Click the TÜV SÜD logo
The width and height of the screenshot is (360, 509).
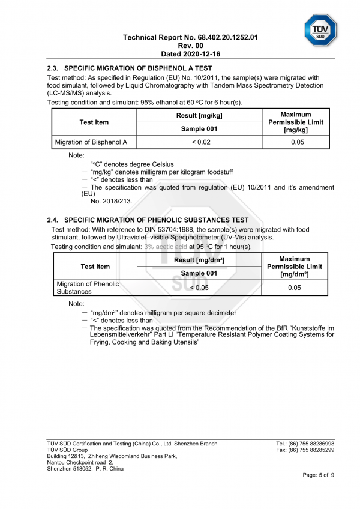[x=321, y=29]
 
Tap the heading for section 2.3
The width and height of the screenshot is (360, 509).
[x=130, y=68]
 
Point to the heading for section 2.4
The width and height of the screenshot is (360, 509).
[x=148, y=220]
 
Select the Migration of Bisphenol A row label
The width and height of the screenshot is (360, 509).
[x=91, y=142]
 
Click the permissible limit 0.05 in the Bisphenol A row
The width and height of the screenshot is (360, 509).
[x=295, y=142]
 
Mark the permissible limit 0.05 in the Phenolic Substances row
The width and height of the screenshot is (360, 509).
[x=294, y=288]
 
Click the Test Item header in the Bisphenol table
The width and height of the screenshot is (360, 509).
[x=94, y=122]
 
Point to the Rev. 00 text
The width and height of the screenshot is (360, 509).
[x=190, y=45]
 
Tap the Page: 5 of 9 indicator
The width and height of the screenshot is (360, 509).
[x=318, y=475]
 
